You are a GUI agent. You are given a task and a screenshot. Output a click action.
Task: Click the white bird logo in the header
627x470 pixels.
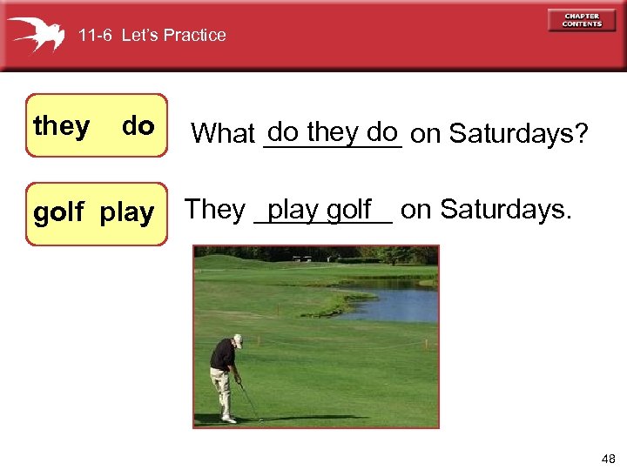(x=37, y=34)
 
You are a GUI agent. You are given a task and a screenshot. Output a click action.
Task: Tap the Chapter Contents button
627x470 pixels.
(x=582, y=20)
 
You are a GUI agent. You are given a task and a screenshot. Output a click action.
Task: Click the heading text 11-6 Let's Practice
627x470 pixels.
(x=152, y=36)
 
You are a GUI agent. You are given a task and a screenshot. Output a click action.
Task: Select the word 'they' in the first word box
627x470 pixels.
(x=61, y=127)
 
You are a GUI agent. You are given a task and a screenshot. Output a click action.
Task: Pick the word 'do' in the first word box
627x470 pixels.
(x=138, y=127)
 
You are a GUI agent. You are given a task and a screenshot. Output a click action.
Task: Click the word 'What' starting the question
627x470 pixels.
(x=222, y=134)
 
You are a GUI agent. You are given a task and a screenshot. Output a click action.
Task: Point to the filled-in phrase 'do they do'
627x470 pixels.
(x=333, y=132)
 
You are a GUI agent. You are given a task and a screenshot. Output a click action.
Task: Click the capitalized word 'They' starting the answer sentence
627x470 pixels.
(x=215, y=210)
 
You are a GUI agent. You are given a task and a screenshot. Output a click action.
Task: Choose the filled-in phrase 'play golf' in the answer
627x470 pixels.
(x=320, y=210)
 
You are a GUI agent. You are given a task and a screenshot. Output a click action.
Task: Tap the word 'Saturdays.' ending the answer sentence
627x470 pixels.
(x=506, y=210)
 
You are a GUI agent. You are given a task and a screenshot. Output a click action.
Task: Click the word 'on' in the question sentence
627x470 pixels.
(x=425, y=134)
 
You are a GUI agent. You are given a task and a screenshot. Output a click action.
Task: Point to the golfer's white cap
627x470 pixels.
(x=237, y=340)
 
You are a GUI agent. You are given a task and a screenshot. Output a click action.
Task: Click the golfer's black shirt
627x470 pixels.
(x=224, y=355)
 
